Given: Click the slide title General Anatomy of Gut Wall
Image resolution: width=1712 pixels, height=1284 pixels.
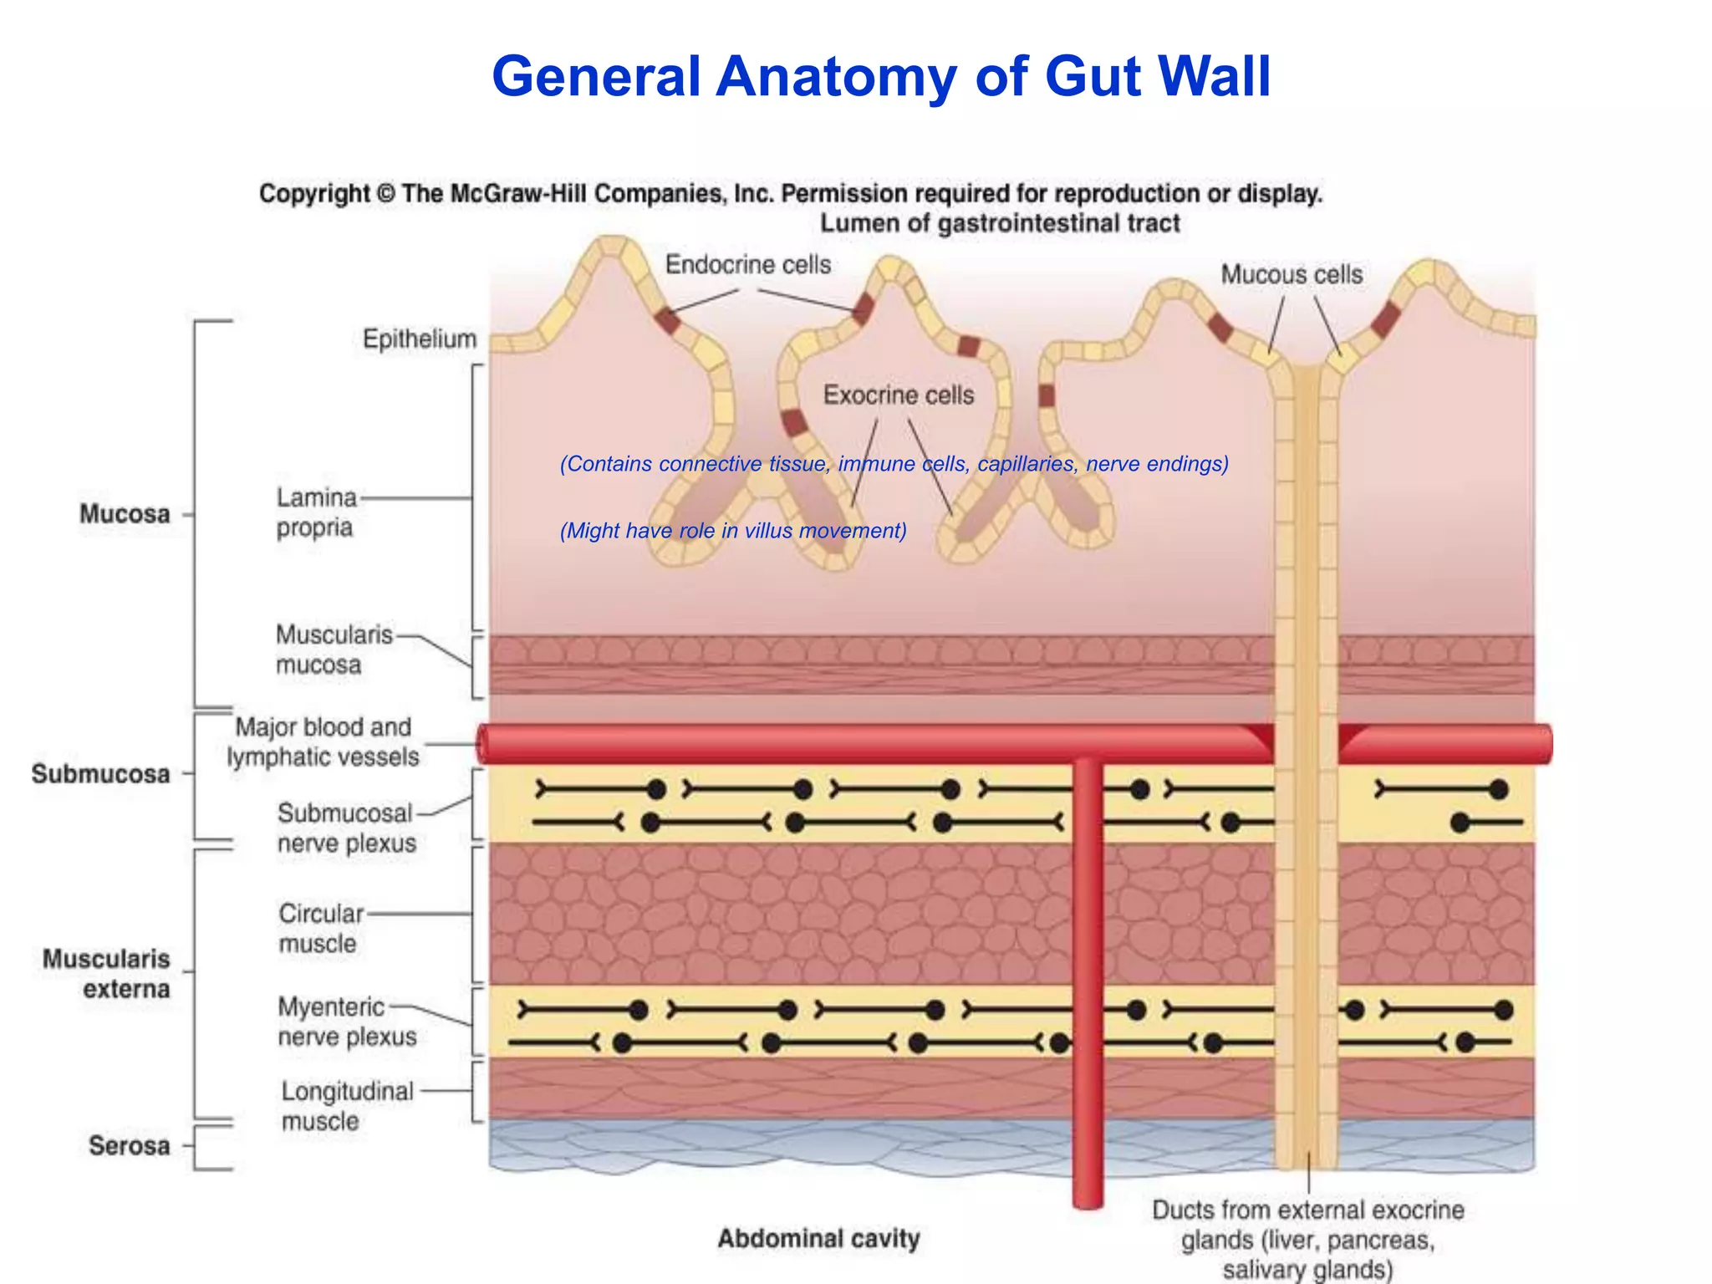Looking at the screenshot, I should point(881,77).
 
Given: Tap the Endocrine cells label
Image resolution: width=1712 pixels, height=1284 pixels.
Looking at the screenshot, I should point(747,265).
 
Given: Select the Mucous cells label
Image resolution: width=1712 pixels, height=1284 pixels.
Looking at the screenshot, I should point(1291,275).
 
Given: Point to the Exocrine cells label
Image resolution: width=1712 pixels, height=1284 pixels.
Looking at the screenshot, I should point(899,395).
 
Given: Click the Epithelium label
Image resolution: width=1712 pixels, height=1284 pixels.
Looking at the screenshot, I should point(419,339).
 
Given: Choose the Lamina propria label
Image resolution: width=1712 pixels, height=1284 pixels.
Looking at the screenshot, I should point(316,512).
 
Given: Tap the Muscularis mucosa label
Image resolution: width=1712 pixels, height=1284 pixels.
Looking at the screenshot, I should point(334,650).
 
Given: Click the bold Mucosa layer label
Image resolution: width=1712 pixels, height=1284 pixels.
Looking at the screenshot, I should point(125,514).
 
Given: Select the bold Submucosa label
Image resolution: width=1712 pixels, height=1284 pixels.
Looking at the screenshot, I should point(100,774).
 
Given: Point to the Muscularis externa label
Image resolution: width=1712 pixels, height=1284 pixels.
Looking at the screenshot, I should point(106,974).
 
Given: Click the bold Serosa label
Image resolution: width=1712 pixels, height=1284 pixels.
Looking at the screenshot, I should point(129,1145).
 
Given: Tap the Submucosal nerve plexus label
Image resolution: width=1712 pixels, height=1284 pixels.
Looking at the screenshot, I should point(346,828).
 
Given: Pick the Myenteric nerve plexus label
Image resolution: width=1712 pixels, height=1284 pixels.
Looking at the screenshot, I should point(346,1022).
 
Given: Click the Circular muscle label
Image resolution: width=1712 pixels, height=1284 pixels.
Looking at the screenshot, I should point(321,928).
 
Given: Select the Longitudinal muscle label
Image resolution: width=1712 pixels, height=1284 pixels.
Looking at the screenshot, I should point(347,1106).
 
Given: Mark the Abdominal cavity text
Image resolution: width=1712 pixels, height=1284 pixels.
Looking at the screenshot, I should point(818,1238).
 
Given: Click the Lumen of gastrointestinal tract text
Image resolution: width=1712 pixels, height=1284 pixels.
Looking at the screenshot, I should point(999,224).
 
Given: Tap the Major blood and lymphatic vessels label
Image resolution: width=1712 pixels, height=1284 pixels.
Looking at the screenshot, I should point(323,741).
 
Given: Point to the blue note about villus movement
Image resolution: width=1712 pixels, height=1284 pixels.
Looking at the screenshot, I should point(733,531).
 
